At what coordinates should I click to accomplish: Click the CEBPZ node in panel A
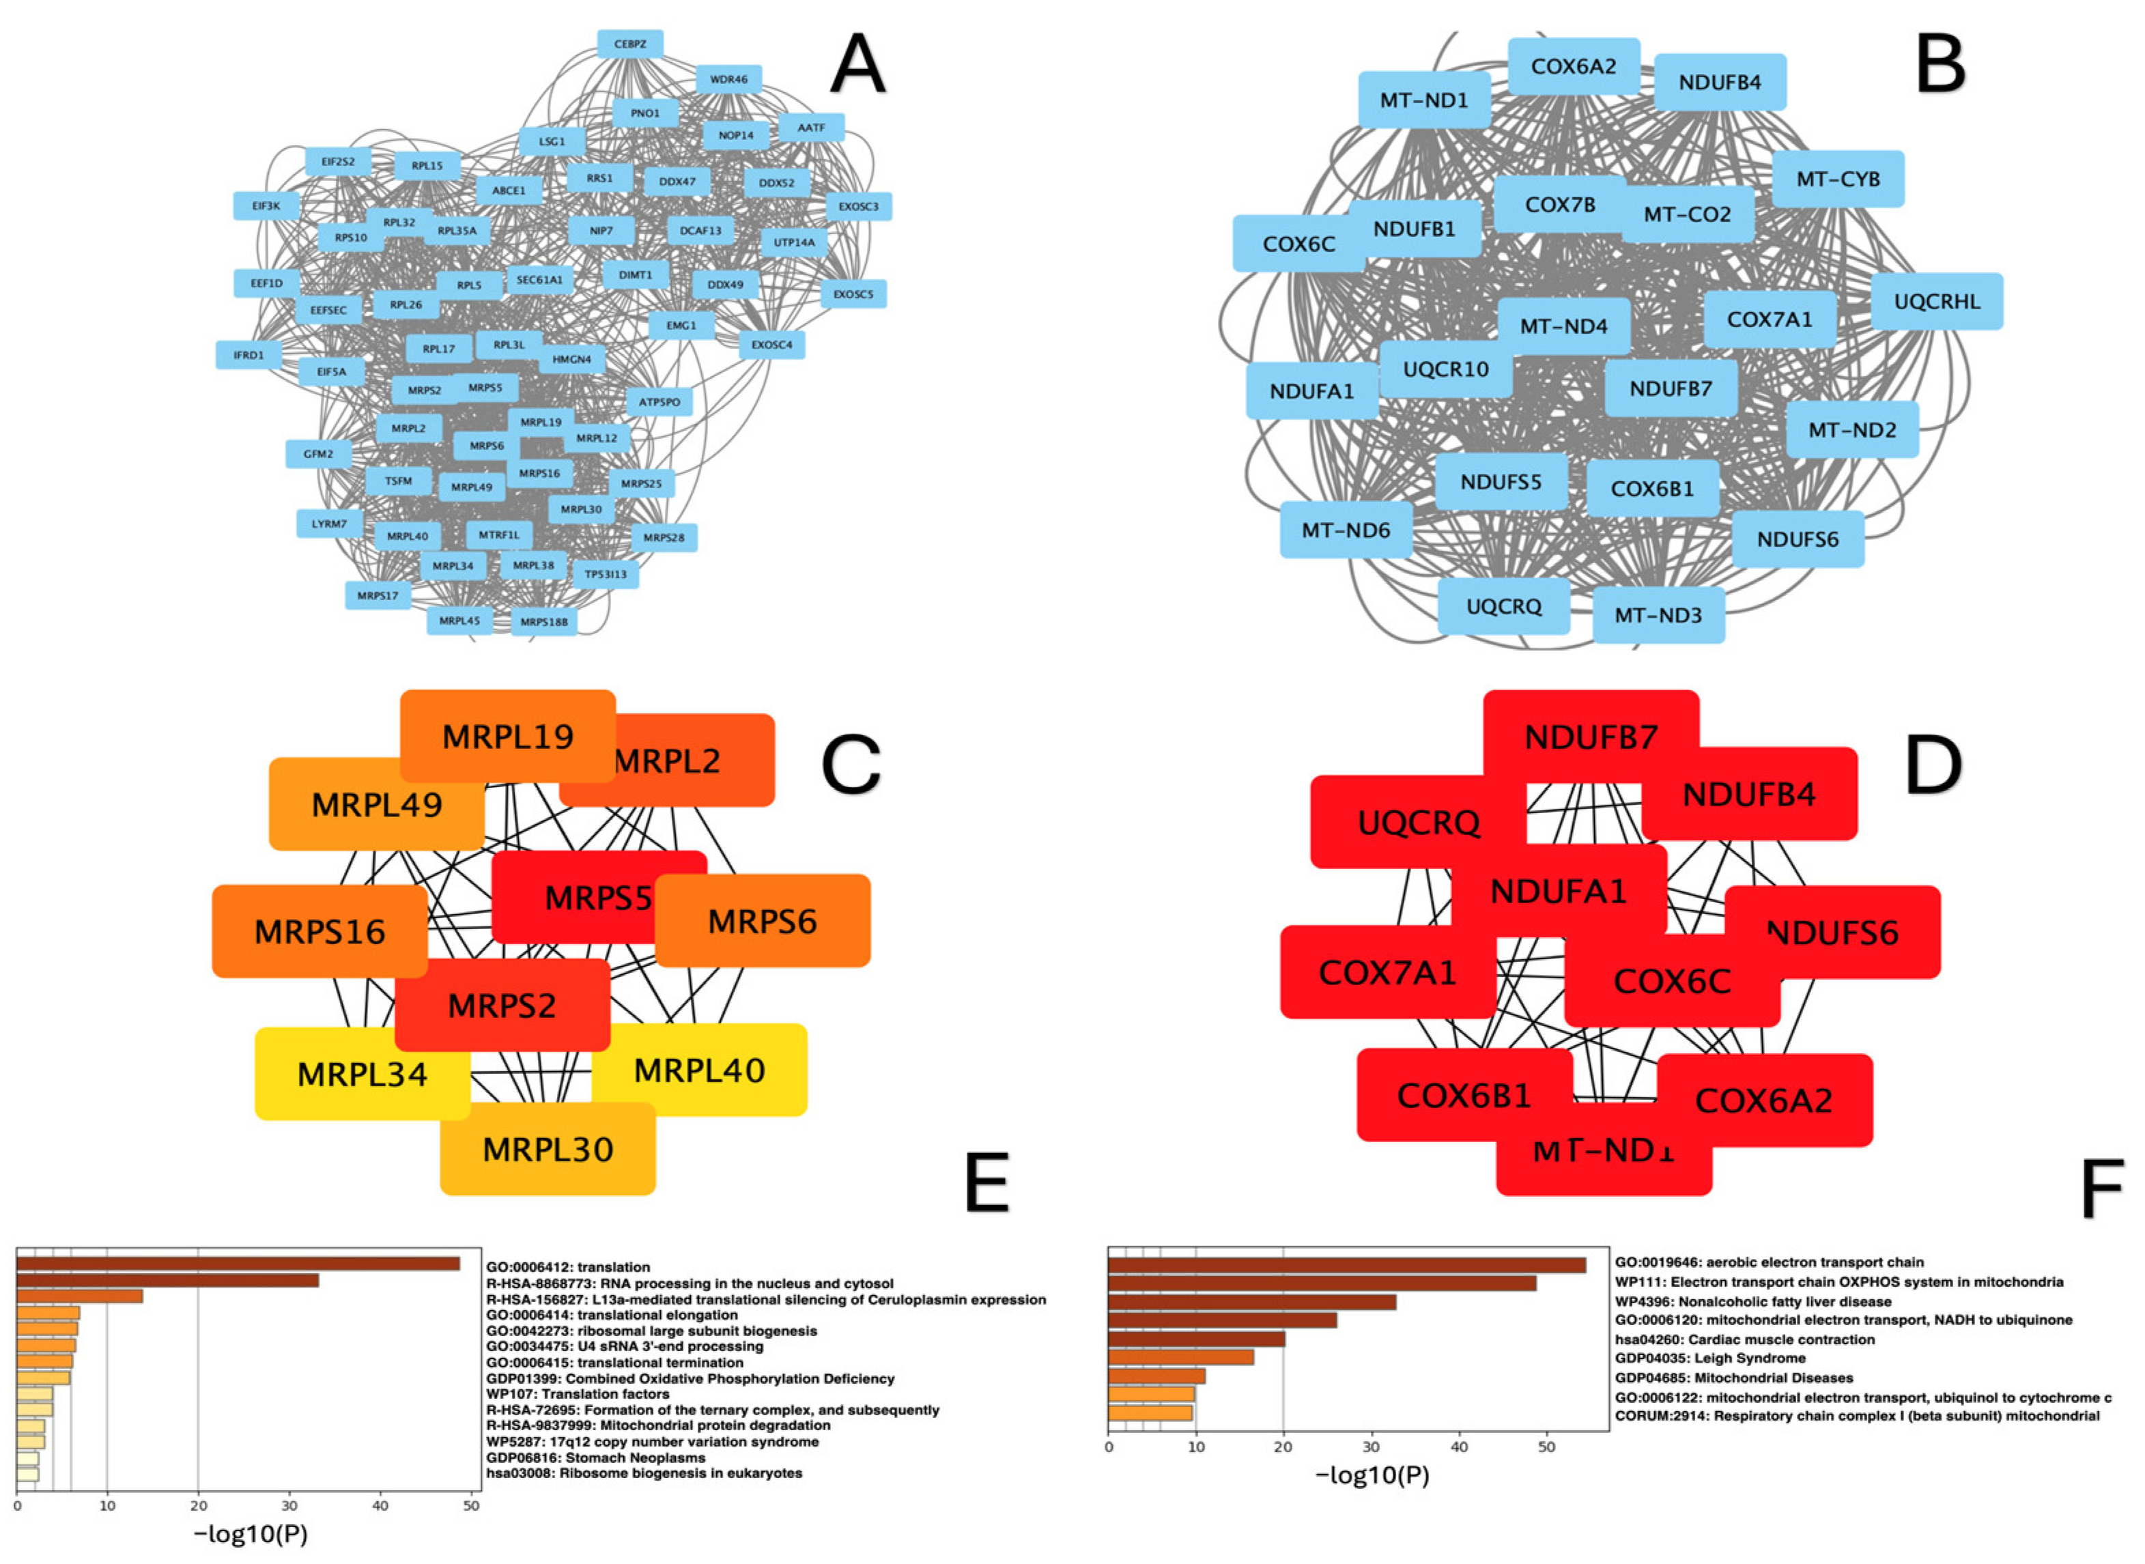coord(629,44)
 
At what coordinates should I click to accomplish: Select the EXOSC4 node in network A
coord(771,345)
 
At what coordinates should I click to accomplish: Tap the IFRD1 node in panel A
coord(249,355)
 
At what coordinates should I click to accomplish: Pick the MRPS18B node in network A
coord(544,622)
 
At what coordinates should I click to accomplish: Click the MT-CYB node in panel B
coord(1837,179)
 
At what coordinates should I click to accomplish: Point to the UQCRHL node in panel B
coord(1937,302)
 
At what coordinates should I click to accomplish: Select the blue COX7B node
coord(1559,205)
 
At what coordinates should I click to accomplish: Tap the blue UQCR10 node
coord(1445,369)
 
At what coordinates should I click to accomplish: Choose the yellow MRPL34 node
coord(362,1075)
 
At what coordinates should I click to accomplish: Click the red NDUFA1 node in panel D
coord(1558,891)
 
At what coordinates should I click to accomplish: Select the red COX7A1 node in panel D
coord(1387,972)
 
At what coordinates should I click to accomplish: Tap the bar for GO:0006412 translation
coord(238,1264)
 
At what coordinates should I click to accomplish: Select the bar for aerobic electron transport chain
coord(1346,1265)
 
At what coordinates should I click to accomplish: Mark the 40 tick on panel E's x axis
coord(380,1505)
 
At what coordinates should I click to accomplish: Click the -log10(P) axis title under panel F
coord(1373,1475)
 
